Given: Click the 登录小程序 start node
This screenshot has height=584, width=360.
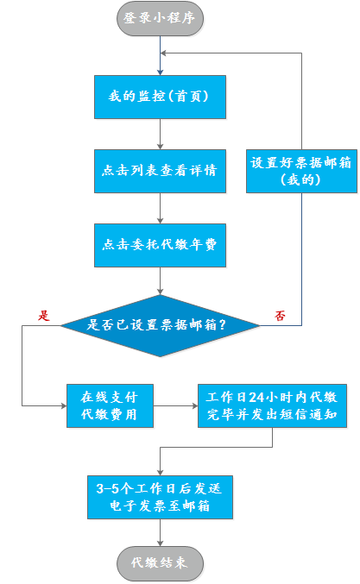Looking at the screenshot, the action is (x=161, y=19).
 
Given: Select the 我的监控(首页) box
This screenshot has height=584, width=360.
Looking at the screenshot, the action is (x=160, y=97).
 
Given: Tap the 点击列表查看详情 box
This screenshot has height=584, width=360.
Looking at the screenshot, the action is (x=160, y=171).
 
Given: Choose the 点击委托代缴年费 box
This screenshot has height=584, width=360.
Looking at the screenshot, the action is (x=160, y=245).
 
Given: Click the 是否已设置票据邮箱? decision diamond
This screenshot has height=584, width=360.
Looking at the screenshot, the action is (x=161, y=325).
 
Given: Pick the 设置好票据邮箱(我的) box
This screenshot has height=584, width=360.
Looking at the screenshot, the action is (x=301, y=171).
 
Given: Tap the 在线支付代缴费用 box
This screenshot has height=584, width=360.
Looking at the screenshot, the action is (x=110, y=405).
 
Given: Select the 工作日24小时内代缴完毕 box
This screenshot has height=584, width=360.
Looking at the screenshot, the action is (x=272, y=405).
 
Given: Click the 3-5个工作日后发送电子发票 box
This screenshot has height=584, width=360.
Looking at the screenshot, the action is (x=160, y=497).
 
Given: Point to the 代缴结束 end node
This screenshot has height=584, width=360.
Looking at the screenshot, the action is (x=161, y=563).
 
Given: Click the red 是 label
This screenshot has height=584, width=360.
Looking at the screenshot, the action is (x=44, y=316).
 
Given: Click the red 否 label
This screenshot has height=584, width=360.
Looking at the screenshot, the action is (x=280, y=316).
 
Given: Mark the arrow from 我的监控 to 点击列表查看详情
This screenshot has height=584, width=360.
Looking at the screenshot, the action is (x=161, y=134).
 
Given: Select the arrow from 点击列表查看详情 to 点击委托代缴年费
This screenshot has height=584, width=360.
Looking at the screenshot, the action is (x=161, y=208).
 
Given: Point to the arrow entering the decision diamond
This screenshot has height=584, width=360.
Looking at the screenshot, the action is (x=161, y=281).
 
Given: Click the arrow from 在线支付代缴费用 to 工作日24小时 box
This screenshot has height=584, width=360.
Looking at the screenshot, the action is (x=175, y=405).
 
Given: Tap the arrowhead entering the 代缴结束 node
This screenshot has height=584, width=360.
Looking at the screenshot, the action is (x=161, y=543).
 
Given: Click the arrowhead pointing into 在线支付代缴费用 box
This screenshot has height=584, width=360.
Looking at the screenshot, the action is (x=64, y=405).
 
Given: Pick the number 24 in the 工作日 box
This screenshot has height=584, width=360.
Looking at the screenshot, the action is (x=256, y=398).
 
